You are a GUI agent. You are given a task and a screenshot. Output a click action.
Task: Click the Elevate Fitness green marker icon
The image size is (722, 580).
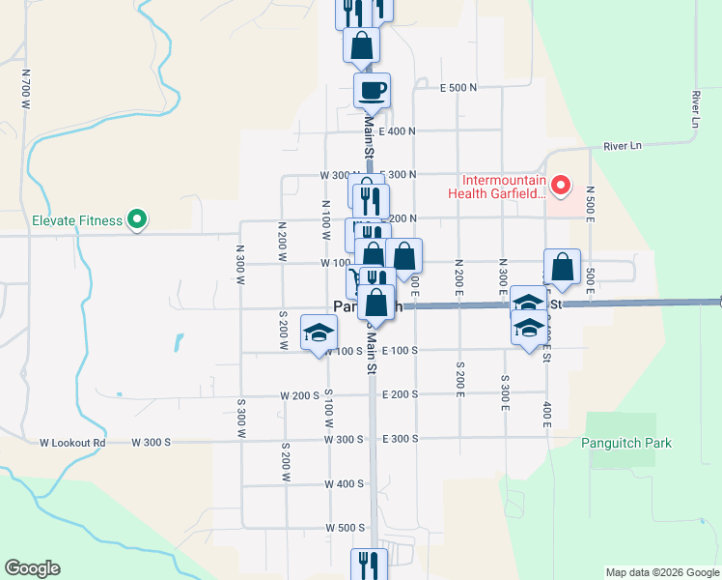click(137, 220)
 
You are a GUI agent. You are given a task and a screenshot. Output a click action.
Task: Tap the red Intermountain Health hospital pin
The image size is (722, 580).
click(560, 184)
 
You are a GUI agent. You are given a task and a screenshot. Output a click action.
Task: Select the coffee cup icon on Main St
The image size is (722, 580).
click(372, 92)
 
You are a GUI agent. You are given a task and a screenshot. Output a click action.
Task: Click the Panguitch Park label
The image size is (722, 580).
click(625, 443)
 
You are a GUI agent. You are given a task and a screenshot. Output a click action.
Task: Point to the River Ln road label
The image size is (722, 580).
click(622, 146)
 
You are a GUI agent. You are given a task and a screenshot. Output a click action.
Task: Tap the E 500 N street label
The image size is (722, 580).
click(458, 87)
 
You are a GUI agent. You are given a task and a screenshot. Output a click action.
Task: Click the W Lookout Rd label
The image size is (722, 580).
click(71, 443)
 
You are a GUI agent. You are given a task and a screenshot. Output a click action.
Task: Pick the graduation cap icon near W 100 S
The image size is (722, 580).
click(319, 334)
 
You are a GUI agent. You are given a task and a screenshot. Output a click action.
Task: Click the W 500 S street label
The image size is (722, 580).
click(346, 528)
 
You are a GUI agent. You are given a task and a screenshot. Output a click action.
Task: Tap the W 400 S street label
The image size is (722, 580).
click(345, 483)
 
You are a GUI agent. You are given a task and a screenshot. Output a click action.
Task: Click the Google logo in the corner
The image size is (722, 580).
click(32, 568)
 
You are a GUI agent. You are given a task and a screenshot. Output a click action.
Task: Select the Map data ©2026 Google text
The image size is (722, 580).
click(662, 572)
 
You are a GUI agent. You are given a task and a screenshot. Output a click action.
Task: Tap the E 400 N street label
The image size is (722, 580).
click(398, 131)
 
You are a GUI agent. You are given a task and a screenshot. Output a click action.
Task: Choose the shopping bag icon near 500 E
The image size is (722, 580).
click(562, 268)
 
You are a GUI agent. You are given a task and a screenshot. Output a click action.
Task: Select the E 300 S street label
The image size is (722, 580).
click(402, 439)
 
